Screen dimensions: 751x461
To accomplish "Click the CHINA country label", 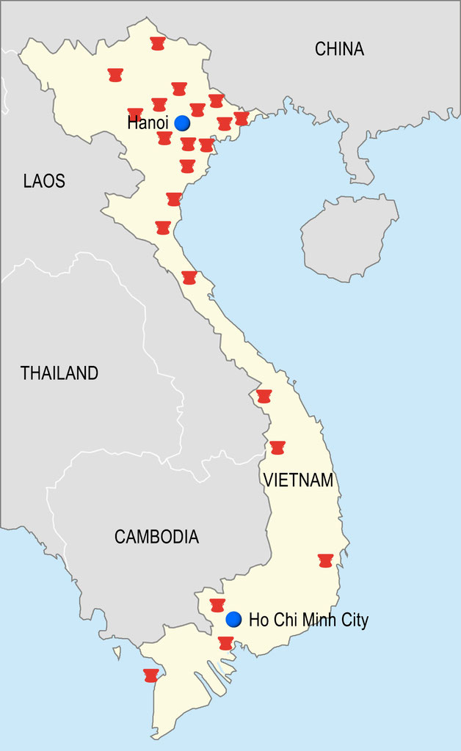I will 339,49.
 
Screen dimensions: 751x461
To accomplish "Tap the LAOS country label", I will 44,180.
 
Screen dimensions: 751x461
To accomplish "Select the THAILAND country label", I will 59,373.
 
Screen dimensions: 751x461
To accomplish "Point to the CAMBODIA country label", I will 156,536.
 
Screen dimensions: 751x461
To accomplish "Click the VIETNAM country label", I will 298,480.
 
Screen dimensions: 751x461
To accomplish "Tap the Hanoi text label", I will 148,122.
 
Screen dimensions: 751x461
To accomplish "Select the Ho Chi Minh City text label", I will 308,620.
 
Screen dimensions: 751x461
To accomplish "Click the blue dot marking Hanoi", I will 181,123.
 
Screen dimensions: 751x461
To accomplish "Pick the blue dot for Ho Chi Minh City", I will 233,619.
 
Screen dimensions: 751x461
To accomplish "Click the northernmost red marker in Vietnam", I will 156,43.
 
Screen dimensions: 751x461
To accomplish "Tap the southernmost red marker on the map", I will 151,675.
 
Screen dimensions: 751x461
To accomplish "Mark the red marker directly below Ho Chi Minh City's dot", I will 225,643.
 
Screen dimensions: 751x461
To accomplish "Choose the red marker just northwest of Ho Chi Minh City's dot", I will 217,605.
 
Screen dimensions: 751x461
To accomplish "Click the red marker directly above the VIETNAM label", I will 277,447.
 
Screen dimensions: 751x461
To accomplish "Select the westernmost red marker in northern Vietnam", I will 115,75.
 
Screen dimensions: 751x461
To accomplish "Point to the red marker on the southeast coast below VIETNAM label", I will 326,560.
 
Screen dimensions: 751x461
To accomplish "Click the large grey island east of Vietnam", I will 349,238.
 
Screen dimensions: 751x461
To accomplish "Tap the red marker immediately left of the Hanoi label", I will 135,114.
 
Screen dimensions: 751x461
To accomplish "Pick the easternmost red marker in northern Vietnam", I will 242,118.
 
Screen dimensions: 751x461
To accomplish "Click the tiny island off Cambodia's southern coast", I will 116,652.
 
